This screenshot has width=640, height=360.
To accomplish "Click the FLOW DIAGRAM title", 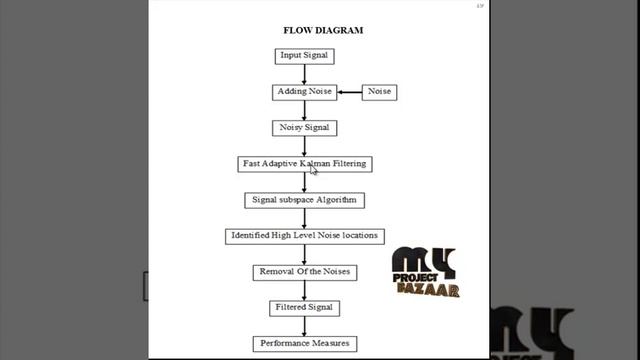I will pyautogui.click(x=322, y=30).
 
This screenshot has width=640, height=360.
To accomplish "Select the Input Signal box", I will pyautogui.click(x=304, y=56).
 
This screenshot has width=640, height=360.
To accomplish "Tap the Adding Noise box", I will pyautogui.click(x=304, y=92).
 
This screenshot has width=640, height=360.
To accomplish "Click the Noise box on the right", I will pyautogui.click(x=379, y=92).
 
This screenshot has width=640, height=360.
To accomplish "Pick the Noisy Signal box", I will pyautogui.click(x=304, y=128).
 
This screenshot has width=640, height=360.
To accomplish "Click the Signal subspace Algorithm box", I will pyautogui.click(x=304, y=200).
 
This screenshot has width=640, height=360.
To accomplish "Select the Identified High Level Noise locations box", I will pyautogui.click(x=304, y=236).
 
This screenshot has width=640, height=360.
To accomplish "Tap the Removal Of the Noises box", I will pyautogui.click(x=304, y=272).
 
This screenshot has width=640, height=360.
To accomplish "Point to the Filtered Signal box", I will pyautogui.click(x=304, y=308).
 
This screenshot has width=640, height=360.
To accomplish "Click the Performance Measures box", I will pyautogui.click(x=304, y=344).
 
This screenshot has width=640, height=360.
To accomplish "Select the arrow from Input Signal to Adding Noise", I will pyautogui.click(x=304, y=74).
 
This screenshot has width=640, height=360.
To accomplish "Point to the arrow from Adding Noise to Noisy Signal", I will pyautogui.click(x=304, y=110).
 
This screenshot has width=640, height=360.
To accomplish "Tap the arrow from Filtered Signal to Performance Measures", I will pyautogui.click(x=304, y=326).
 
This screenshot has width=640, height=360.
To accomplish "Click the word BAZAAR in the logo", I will pyautogui.click(x=430, y=292).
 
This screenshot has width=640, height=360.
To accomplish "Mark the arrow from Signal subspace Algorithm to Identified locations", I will pyautogui.click(x=304, y=218).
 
